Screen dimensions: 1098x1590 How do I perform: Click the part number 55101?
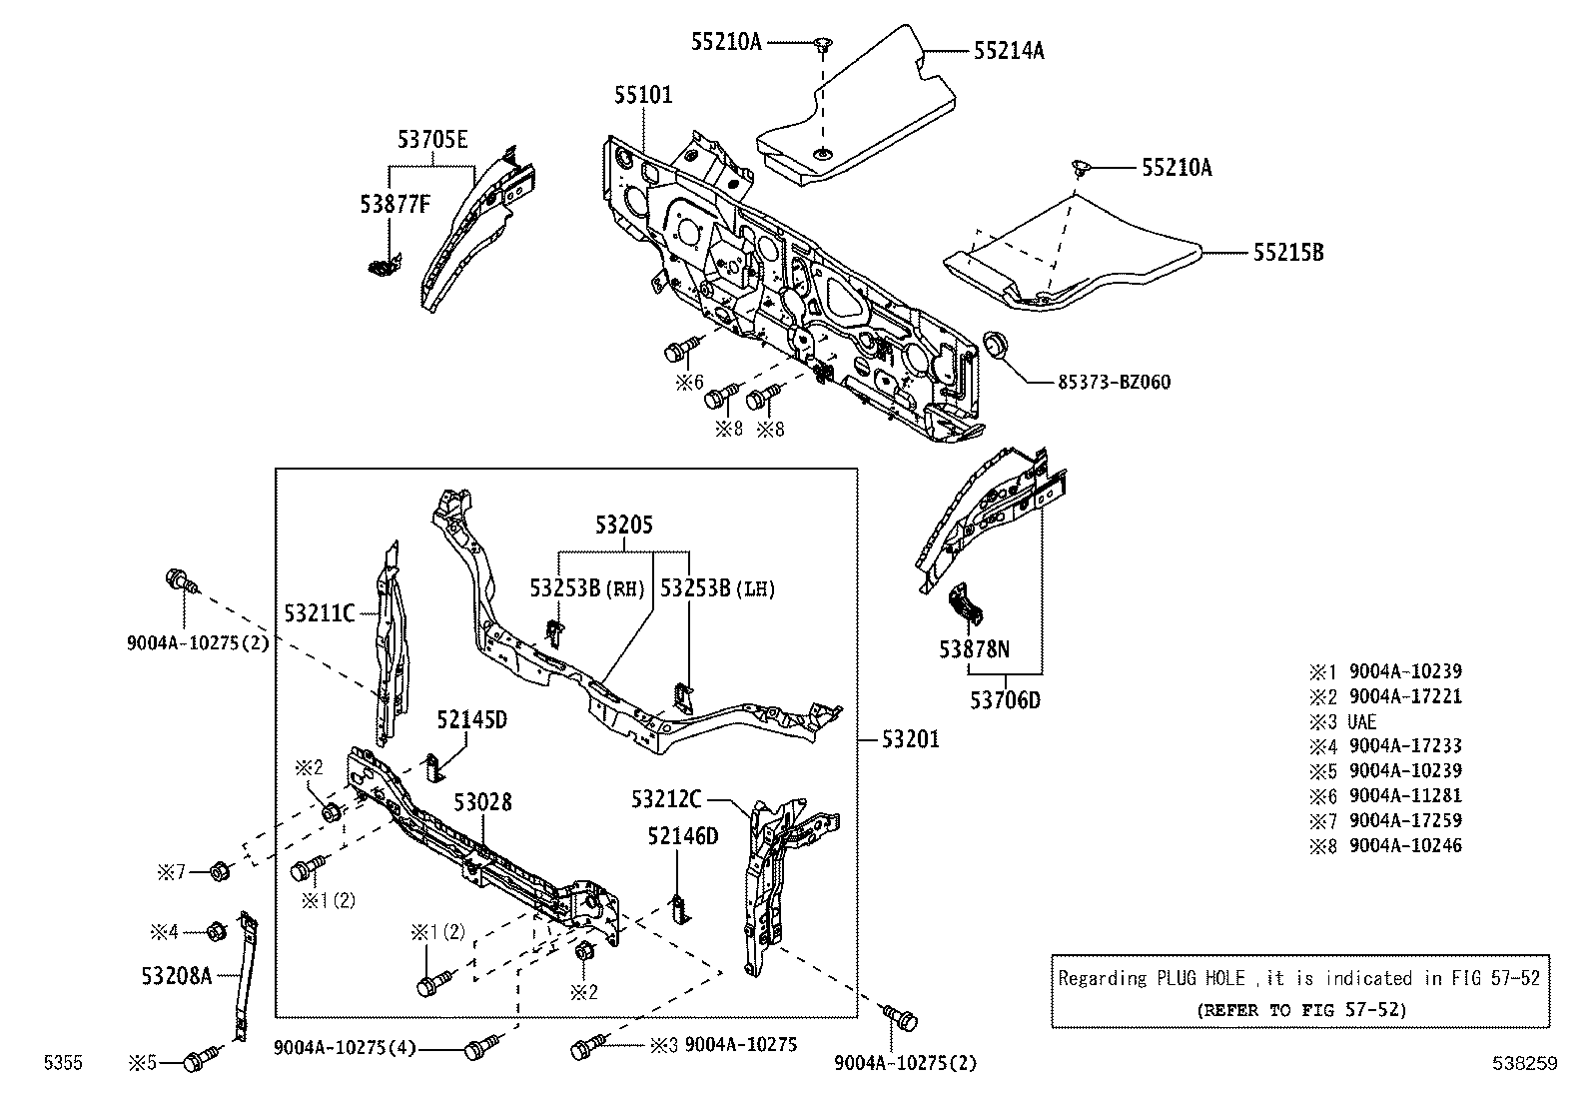(643, 95)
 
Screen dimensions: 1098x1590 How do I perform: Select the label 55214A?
(1009, 50)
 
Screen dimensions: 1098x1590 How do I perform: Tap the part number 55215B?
(1288, 253)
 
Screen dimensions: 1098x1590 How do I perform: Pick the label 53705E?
(432, 140)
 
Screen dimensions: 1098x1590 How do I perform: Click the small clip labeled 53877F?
(381, 265)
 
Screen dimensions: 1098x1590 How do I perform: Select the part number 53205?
(624, 525)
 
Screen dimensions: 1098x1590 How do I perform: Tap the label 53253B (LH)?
(717, 588)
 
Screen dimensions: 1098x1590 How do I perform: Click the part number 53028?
(482, 802)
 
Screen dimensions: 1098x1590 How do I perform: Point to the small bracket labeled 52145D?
(435, 767)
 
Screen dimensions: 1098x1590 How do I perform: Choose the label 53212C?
(666, 799)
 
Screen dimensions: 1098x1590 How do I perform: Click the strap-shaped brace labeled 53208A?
(245, 974)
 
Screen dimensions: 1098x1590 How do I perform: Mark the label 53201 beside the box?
(910, 740)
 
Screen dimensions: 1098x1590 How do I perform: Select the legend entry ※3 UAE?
(1343, 721)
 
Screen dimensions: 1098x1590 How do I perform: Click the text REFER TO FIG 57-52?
(1300, 1009)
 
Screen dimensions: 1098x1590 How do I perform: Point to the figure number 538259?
(1525, 1064)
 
